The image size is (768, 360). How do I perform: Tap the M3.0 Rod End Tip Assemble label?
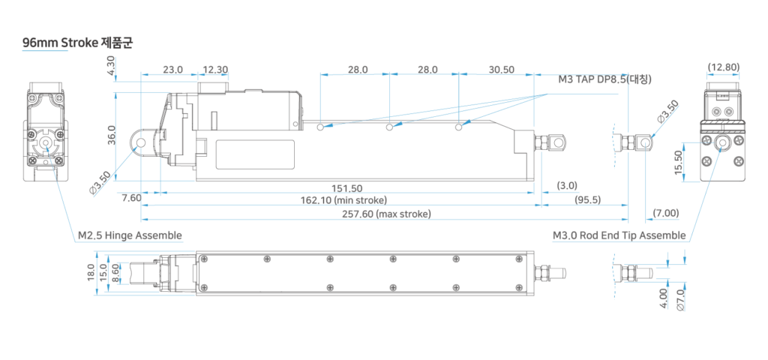(x=619, y=236)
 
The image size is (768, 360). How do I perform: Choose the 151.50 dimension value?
(x=346, y=187)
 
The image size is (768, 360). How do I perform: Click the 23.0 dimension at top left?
(x=172, y=70)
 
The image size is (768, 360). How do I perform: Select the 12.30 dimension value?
(x=214, y=70)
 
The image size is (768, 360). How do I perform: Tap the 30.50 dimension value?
(x=500, y=70)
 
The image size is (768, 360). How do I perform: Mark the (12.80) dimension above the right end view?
(x=723, y=67)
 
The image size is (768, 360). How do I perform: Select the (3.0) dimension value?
(x=566, y=185)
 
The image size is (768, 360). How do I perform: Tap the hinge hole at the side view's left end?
(x=140, y=142)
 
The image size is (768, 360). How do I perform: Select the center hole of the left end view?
(x=47, y=143)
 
